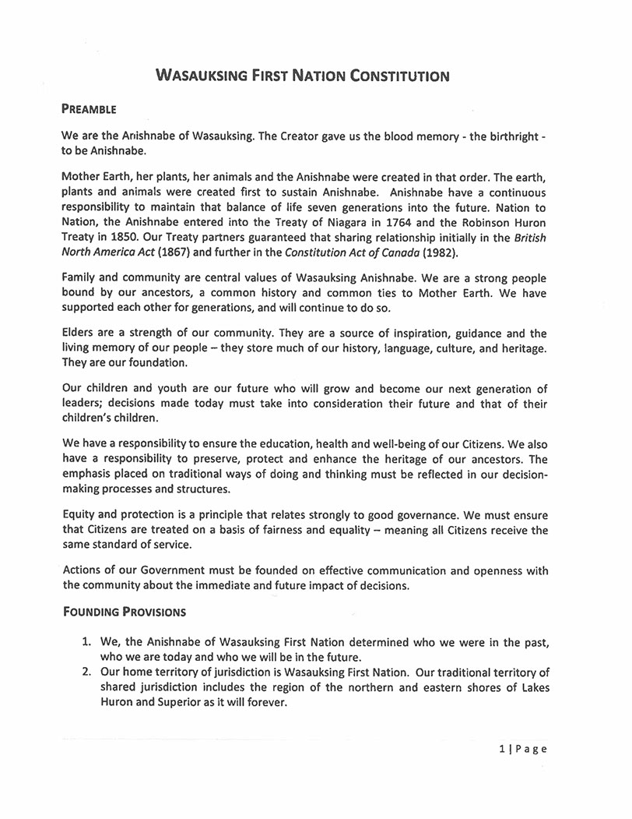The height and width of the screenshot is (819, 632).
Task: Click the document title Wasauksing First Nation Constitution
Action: pos(303,76)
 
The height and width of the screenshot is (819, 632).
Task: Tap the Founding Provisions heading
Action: pos(124,611)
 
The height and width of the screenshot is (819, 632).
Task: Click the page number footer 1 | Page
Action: pos(523,749)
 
